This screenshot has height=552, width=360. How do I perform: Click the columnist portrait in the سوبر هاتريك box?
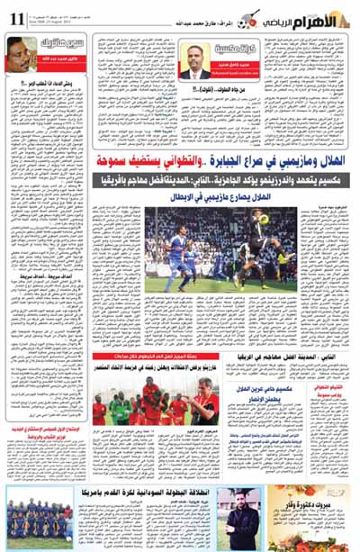[x=22, y=53]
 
